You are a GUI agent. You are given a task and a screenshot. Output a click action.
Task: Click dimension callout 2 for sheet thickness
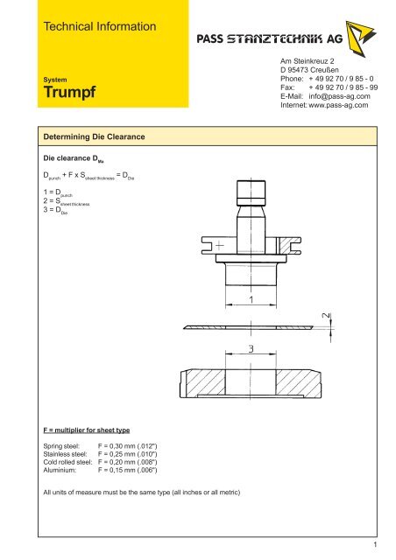[x=325, y=317]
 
